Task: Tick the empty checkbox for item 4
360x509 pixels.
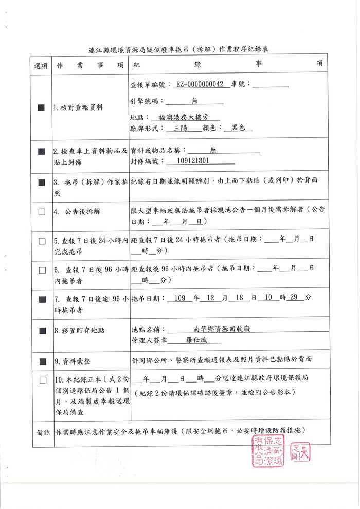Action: (42, 212)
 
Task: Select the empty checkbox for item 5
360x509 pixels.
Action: (42, 241)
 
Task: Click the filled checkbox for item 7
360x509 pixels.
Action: (42, 299)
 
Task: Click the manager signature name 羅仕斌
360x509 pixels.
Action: (194, 340)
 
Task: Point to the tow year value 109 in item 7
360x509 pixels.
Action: (179, 298)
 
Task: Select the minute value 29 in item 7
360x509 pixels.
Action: (294, 298)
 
